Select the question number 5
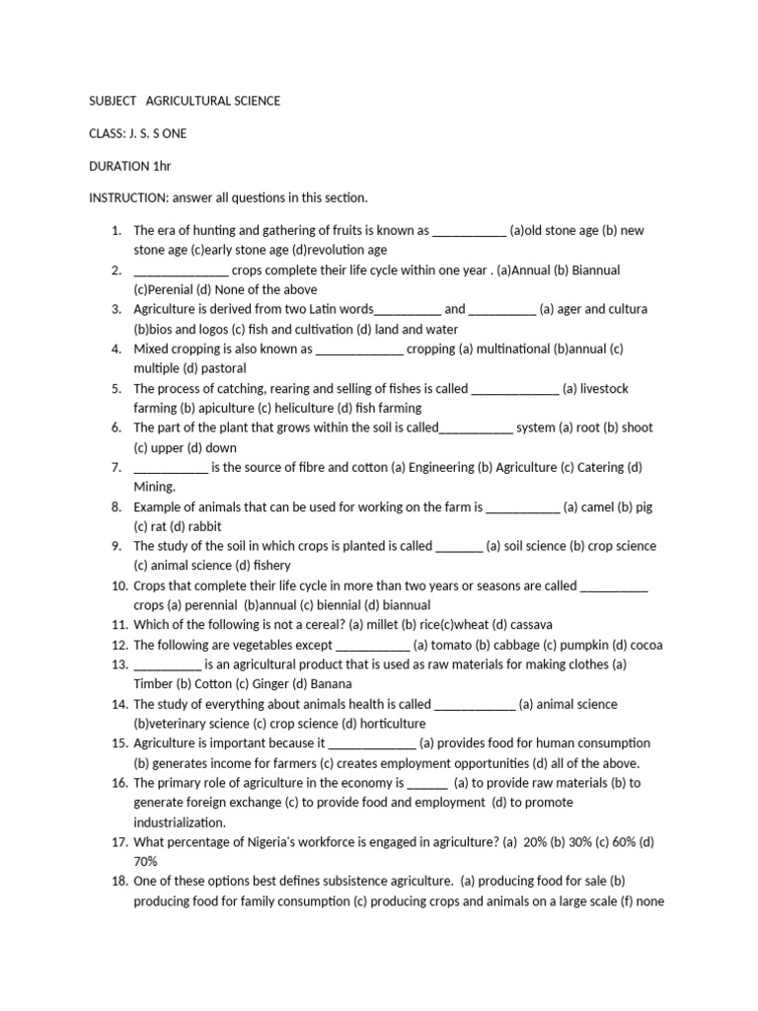(115, 388)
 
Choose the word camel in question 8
(594, 506)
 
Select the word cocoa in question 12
(646, 645)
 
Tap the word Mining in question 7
(154, 487)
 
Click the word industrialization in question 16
(180, 821)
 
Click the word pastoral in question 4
(227, 368)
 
